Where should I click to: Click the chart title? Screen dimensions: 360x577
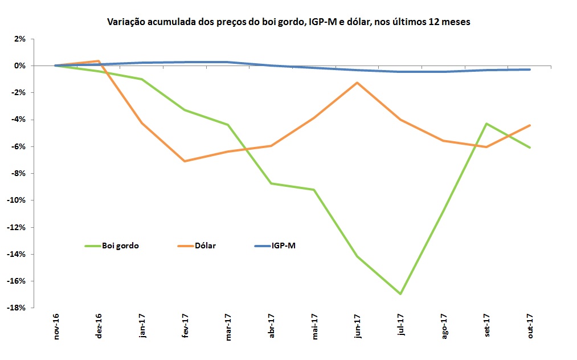[289, 22]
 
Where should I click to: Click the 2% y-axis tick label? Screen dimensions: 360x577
[20, 39]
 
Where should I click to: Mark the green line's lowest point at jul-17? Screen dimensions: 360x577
[400, 294]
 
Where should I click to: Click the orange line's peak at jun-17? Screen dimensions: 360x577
[357, 83]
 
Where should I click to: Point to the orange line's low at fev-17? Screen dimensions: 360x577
[185, 161]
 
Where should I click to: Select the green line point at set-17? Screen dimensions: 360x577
[487, 124]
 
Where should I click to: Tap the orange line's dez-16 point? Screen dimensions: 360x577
[99, 61]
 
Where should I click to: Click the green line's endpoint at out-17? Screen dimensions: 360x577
[530, 148]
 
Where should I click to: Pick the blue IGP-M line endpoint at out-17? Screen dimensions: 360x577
[530, 69]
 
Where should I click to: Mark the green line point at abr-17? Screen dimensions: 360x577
[272, 183]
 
